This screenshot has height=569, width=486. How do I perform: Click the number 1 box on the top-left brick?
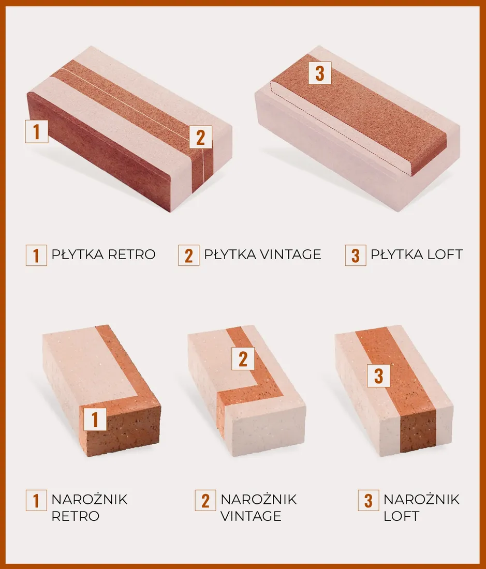[36, 131]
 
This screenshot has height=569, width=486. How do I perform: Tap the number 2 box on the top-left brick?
[200, 137]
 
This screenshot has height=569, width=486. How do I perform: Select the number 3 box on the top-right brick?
[319, 73]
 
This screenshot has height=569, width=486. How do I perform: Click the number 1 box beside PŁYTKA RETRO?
[36, 255]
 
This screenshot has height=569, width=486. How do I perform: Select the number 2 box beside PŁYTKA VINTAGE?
[188, 255]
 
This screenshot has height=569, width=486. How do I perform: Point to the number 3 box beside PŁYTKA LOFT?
[356, 255]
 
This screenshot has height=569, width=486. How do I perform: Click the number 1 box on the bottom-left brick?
[95, 419]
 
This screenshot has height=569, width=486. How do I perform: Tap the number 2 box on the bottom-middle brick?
[243, 358]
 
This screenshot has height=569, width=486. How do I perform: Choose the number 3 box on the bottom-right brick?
[378, 375]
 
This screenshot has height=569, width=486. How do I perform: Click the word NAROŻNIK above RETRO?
[90, 499]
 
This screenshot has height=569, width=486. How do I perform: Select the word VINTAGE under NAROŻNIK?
[251, 516]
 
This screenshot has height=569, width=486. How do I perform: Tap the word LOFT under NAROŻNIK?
[401, 516]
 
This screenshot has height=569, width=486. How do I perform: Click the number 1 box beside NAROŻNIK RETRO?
[36, 500]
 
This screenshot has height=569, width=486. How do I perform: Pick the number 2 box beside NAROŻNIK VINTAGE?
[205, 500]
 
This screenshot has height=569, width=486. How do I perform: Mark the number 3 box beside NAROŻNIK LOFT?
[369, 500]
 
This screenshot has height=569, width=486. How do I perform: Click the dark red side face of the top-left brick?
[98, 151]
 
